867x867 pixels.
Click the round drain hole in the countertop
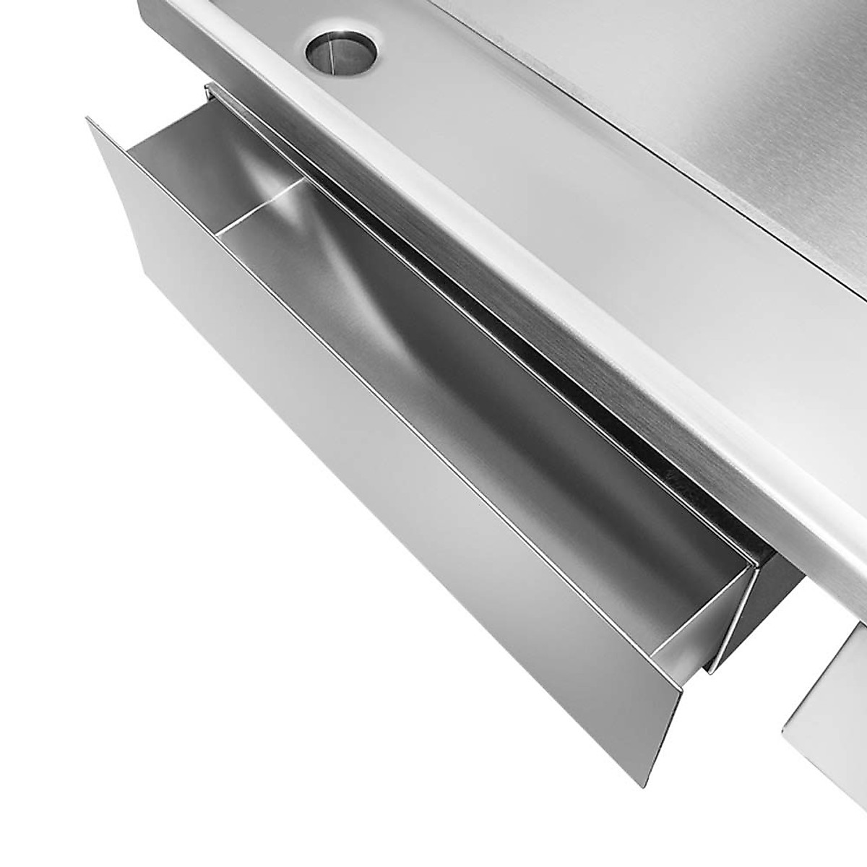point(341,50)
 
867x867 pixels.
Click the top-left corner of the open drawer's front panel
point(87,118)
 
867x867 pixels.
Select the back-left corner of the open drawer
point(210,90)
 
